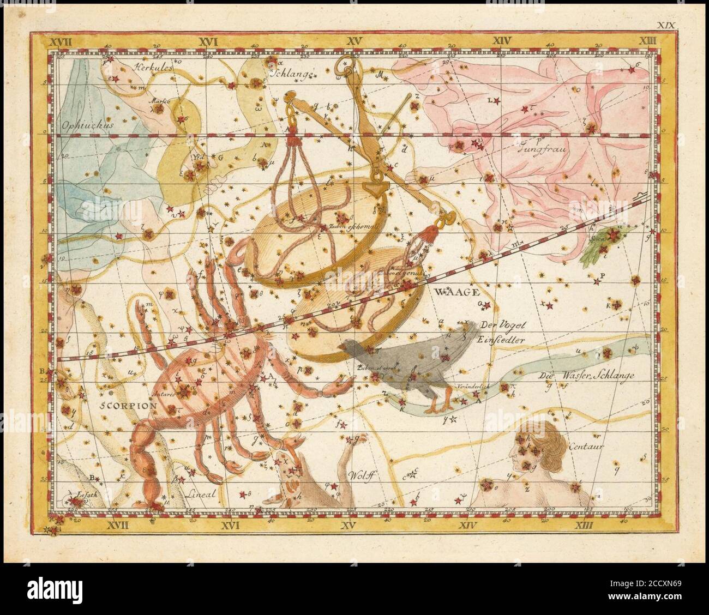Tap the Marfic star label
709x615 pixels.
coord(161,100)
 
